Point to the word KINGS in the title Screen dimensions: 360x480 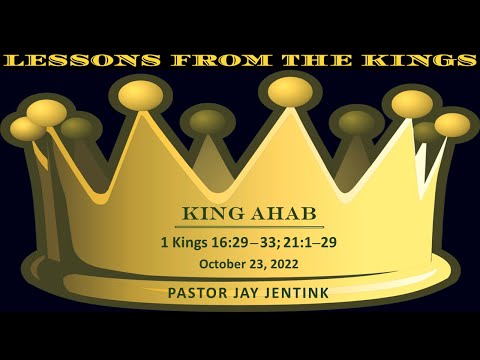[414, 61]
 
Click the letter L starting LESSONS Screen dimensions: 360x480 [14, 61]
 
